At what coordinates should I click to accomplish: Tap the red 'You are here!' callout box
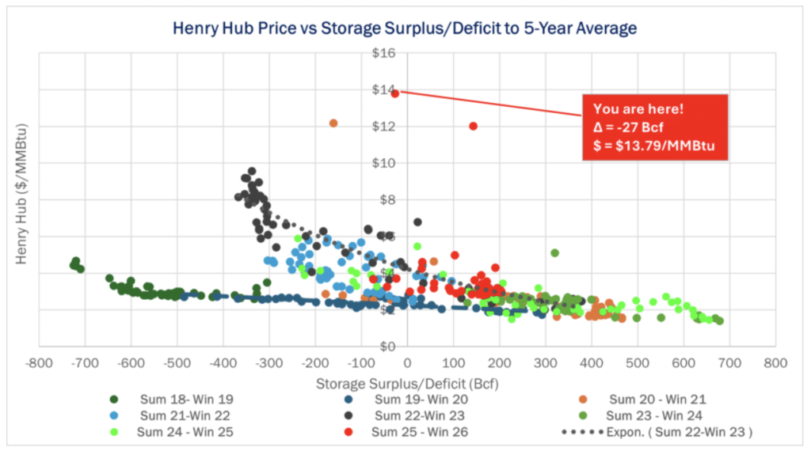[x=654, y=127]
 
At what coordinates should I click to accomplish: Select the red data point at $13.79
[x=394, y=93]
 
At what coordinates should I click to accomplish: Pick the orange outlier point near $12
[x=333, y=123]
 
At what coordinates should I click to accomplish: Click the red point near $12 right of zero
[x=474, y=126]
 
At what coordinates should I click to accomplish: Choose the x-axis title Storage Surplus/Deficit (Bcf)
[x=406, y=383]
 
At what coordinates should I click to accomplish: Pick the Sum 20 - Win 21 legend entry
[x=653, y=400]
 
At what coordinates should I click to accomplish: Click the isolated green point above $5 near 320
[x=555, y=253]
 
